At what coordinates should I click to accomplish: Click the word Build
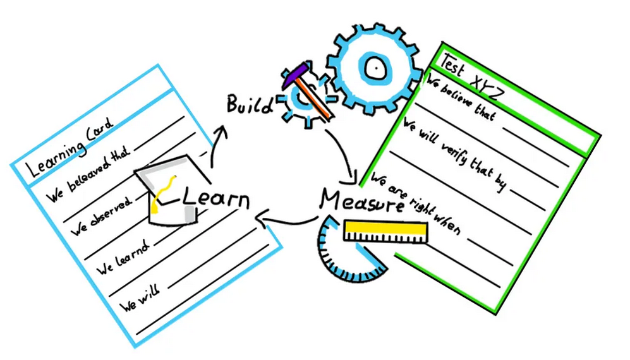point(250,104)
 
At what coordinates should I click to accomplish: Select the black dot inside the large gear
point(375,64)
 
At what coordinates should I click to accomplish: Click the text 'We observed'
point(101,215)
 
